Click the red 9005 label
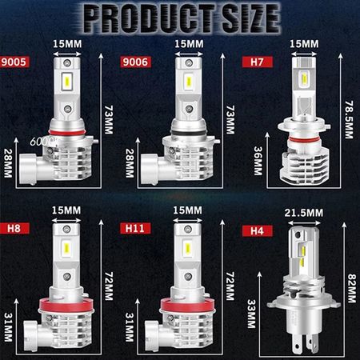tap(14, 62)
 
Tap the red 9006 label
tap(135, 62)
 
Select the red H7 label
tap(258, 62)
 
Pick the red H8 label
tap(14, 228)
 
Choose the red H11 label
tap(135, 228)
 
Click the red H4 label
tap(257, 231)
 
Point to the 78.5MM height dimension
tap(349, 119)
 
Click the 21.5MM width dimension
tap(304, 213)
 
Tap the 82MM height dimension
tap(352, 288)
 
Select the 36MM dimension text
tap(258, 161)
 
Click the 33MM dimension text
tap(251, 314)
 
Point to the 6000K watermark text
tap(43, 142)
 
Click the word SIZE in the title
tap(250, 18)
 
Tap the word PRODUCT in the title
tap(149, 18)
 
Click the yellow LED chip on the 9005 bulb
tap(67, 79)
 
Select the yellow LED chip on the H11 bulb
tap(188, 247)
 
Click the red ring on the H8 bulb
tap(66, 305)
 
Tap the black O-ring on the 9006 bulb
tap(188, 133)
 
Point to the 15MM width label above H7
tap(304, 44)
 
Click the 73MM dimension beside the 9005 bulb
tap(109, 119)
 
